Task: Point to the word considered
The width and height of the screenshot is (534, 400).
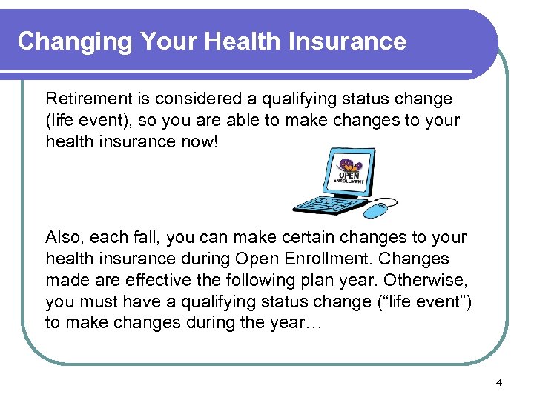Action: [195, 99]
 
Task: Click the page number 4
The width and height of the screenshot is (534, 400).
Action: [499, 383]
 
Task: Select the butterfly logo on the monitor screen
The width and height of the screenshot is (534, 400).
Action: [346, 165]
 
